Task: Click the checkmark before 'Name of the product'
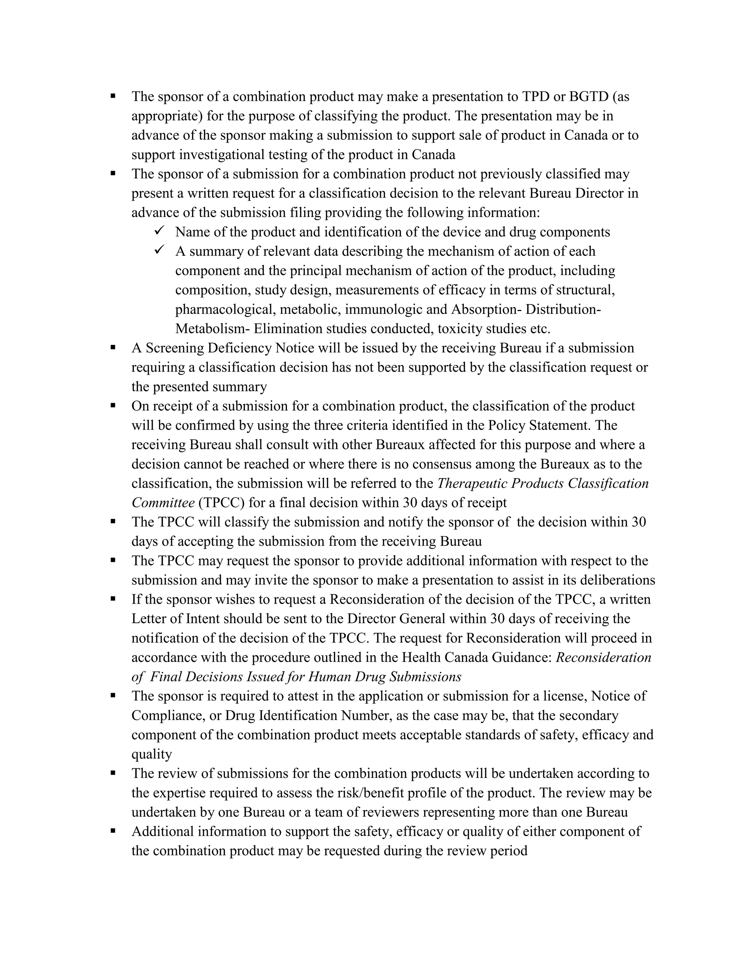pyautogui.click(x=159, y=231)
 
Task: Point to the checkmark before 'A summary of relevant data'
pyautogui.click(x=159, y=250)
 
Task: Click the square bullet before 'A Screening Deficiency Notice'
pyautogui.click(x=113, y=347)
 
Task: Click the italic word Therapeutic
pyautogui.click(x=472, y=483)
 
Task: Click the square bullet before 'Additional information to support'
pyautogui.click(x=113, y=831)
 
